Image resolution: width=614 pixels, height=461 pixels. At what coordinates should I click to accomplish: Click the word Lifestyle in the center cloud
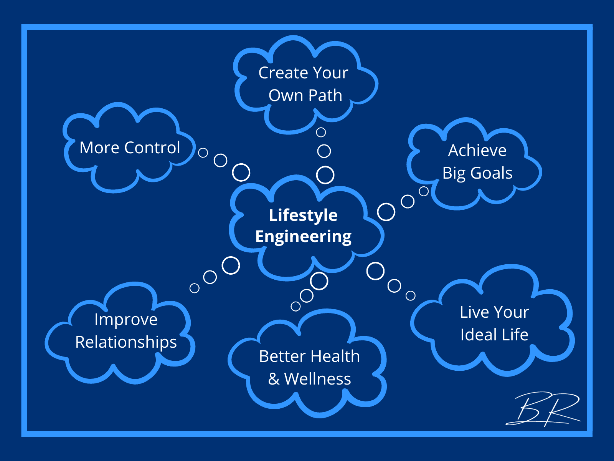click(x=303, y=215)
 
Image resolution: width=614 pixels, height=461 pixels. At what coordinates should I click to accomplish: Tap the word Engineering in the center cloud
click(x=303, y=237)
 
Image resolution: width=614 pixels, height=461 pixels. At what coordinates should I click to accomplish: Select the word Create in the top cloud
click(x=283, y=73)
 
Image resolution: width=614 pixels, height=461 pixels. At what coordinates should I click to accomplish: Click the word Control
click(x=152, y=148)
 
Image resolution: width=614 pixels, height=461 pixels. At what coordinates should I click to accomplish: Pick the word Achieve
click(x=477, y=150)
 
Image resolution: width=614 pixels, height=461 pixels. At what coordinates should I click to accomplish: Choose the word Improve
click(x=126, y=320)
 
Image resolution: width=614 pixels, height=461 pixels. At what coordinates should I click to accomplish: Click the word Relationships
click(x=126, y=342)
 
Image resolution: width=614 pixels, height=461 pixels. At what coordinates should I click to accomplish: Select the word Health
click(x=335, y=356)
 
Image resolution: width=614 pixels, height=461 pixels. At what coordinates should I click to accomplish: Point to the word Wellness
click(x=317, y=379)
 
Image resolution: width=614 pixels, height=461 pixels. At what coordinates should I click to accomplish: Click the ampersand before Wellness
click(x=274, y=379)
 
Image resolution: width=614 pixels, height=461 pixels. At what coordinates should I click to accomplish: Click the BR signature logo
click(x=544, y=409)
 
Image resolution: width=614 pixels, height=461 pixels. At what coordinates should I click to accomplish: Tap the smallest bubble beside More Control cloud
click(x=203, y=153)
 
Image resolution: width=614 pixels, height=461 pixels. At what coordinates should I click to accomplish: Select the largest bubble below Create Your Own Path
click(x=325, y=175)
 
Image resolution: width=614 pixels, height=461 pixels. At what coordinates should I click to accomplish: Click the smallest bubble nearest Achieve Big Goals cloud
click(x=424, y=191)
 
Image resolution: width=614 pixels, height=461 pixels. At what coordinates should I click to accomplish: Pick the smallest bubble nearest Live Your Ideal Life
click(x=411, y=295)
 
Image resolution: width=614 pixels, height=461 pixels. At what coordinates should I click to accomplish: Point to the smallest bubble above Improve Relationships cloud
click(x=195, y=288)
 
